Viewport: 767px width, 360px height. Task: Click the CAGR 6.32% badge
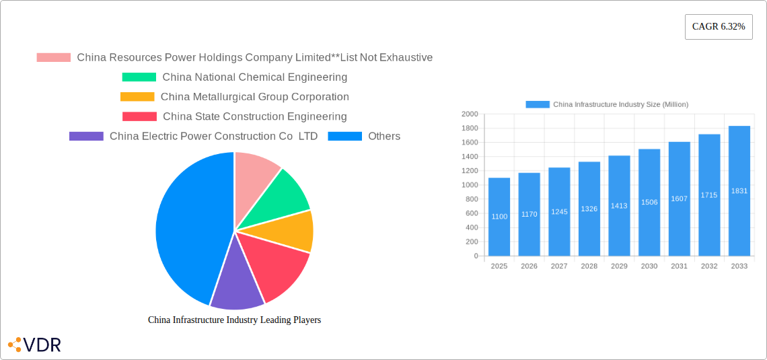(x=719, y=27)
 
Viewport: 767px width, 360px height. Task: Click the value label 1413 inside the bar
(x=619, y=206)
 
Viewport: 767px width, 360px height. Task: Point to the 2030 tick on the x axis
(x=649, y=266)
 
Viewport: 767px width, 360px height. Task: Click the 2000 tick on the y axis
(x=470, y=114)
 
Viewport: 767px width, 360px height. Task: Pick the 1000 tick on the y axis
(x=470, y=185)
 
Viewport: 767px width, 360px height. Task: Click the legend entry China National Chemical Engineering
(x=254, y=77)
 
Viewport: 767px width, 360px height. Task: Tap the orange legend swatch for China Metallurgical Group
(x=137, y=97)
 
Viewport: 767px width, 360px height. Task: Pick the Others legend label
(x=383, y=136)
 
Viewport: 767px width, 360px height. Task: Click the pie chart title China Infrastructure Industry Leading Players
(x=234, y=320)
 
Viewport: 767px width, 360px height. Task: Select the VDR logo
(x=34, y=345)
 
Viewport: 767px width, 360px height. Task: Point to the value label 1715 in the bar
(x=709, y=195)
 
